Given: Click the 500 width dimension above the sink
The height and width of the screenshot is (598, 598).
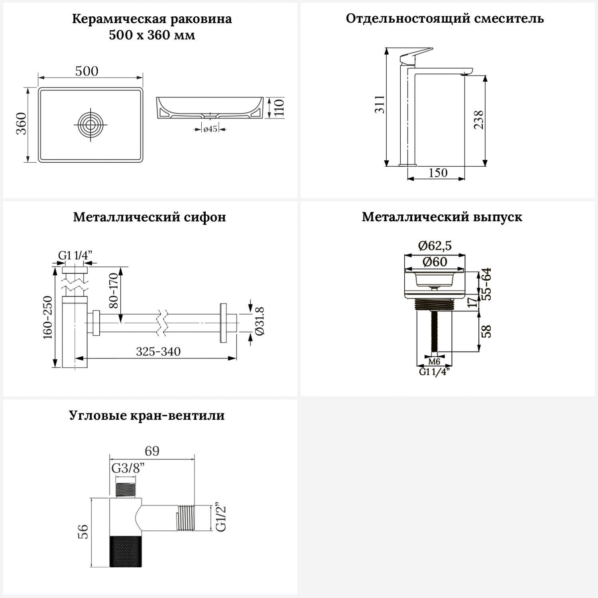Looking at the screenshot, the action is coord(87,71).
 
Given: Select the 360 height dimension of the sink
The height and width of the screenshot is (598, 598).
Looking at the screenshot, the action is coord(22,124).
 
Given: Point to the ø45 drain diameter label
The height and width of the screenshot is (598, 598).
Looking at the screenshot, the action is coord(210,129).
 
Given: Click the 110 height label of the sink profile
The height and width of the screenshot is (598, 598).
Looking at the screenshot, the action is coord(279,108).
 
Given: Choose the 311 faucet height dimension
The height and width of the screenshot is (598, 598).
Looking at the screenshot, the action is coord(380,104).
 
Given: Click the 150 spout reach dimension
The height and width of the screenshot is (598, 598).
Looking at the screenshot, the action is coord(438,173).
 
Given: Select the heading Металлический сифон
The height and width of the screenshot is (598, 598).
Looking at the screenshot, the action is coord(149,217).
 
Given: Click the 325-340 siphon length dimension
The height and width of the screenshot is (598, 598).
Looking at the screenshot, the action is coord(158,352).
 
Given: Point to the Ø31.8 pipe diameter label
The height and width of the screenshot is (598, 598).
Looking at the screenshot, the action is coord(259,321).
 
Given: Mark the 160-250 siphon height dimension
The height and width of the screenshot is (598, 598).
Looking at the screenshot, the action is coord(48,317).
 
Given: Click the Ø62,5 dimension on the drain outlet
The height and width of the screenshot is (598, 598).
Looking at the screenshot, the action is coord(435,246).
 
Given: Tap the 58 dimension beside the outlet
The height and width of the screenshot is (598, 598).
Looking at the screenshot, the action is coord(486,332).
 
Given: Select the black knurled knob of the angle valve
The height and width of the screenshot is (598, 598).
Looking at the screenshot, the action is coord(125,551).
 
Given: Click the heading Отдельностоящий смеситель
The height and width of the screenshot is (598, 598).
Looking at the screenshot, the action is coord(445,19).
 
